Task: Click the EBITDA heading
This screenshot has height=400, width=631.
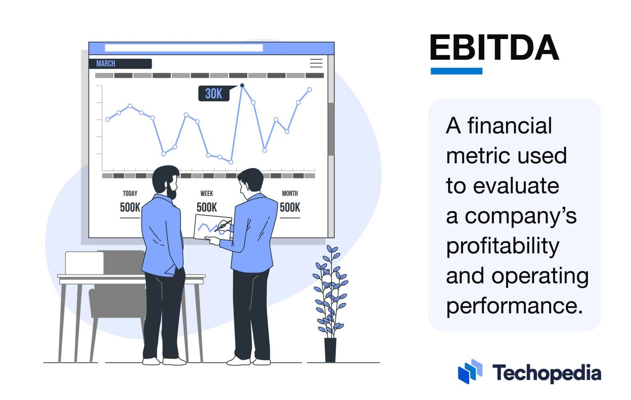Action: [x=494, y=47]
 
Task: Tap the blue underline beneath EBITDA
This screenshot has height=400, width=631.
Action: [x=456, y=71]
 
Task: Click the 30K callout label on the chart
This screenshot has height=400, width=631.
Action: [x=214, y=94]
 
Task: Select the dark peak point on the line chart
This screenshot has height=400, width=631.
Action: [x=242, y=86]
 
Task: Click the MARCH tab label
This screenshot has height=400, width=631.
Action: [x=106, y=64]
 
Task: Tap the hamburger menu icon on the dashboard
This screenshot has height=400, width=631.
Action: [x=316, y=63]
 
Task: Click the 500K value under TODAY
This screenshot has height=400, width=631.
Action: [x=130, y=208]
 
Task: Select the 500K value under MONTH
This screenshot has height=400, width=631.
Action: [x=290, y=208]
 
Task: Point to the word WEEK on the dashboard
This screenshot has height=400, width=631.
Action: [x=207, y=193]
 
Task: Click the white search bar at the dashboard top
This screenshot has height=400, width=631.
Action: [x=184, y=48]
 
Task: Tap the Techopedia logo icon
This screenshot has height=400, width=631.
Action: [x=470, y=371]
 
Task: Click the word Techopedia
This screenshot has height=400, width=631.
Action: [x=546, y=373]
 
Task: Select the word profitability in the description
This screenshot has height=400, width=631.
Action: [x=502, y=246]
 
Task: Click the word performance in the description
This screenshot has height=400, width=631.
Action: [x=514, y=306]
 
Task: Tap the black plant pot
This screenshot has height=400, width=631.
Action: [x=330, y=350]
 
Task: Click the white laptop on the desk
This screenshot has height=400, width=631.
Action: [x=84, y=263]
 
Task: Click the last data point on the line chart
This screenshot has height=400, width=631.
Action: [x=309, y=90]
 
